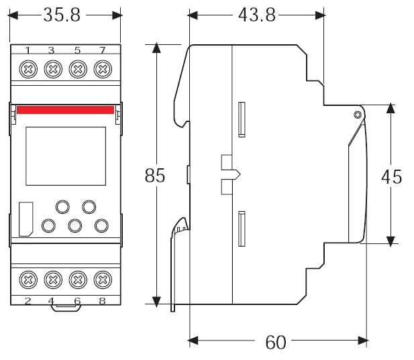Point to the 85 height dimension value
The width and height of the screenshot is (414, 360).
(x=155, y=176)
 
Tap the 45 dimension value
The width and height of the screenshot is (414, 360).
(x=392, y=176)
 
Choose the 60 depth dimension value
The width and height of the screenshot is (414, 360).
(x=275, y=343)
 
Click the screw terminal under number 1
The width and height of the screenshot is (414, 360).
(x=28, y=68)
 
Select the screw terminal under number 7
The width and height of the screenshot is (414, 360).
(x=102, y=68)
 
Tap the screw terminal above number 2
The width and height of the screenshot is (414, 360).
(x=28, y=279)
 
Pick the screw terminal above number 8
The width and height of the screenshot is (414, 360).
(x=102, y=279)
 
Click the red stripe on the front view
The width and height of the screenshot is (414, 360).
(x=65, y=109)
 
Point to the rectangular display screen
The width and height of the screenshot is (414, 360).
(x=56, y=156)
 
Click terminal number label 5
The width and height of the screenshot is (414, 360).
(x=77, y=50)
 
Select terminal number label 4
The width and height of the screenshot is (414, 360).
(x=52, y=301)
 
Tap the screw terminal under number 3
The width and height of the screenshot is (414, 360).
(x=52, y=68)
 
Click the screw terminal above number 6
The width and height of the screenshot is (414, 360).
(x=78, y=279)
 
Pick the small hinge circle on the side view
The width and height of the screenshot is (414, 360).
(x=358, y=115)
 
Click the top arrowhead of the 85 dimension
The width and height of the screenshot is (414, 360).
(x=156, y=48)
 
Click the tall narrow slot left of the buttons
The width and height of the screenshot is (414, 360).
(x=25, y=219)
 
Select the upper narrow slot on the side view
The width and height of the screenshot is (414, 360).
(x=242, y=119)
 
